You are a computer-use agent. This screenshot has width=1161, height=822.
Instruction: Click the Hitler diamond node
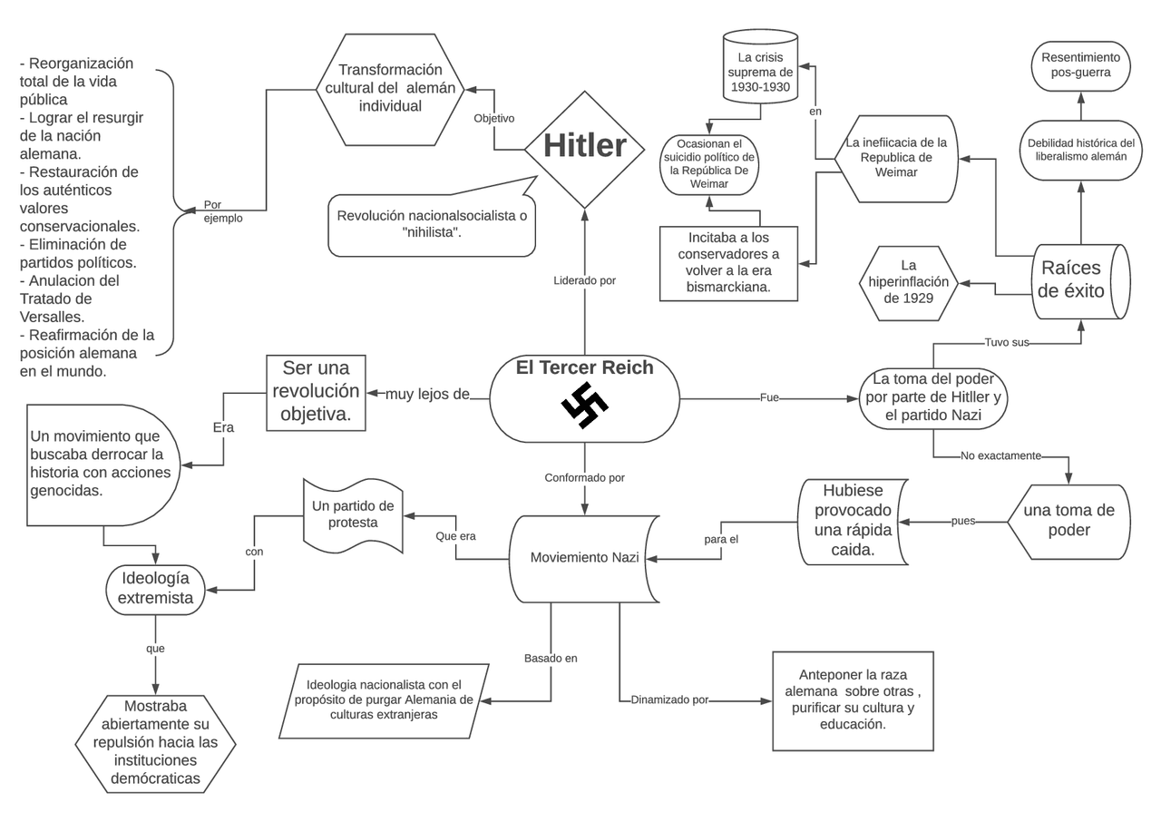click(x=585, y=148)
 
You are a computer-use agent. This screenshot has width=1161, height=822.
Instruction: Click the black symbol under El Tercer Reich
click(x=584, y=406)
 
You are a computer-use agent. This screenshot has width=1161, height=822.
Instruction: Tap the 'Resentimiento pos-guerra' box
click(x=1080, y=64)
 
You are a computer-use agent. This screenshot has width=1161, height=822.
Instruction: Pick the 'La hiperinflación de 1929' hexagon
click(x=908, y=282)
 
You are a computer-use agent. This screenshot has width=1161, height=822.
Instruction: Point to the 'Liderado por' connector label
click(x=584, y=280)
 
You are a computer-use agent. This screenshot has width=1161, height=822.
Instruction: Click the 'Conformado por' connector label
click(x=584, y=477)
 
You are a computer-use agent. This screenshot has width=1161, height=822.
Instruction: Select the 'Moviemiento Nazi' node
click(x=584, y=557)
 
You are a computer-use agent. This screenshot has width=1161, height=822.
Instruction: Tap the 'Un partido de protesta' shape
click(x=352, y=514)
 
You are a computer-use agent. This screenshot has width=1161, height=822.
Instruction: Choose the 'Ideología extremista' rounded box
click(x=155, y=588)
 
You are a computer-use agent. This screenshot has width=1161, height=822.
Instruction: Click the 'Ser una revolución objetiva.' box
click(x=316, y=393)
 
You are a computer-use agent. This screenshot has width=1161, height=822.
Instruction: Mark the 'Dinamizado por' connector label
click(x=669, y=700)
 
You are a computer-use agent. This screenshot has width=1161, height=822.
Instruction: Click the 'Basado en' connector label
click(x=551, y=658)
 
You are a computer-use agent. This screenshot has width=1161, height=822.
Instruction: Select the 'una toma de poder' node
click(x=1068, y=521)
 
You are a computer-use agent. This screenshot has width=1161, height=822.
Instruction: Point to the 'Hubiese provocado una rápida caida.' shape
click(x=853, y=521)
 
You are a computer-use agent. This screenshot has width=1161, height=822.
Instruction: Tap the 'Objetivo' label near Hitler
click(x=494, y=118)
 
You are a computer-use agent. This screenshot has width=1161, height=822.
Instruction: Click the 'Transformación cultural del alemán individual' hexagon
click(x=390, y=89)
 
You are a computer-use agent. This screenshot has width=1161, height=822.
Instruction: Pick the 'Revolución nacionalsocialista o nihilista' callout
click(x=432, y=224)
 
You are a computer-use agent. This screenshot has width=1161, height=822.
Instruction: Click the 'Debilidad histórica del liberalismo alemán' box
click(x=1080, y=150)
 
